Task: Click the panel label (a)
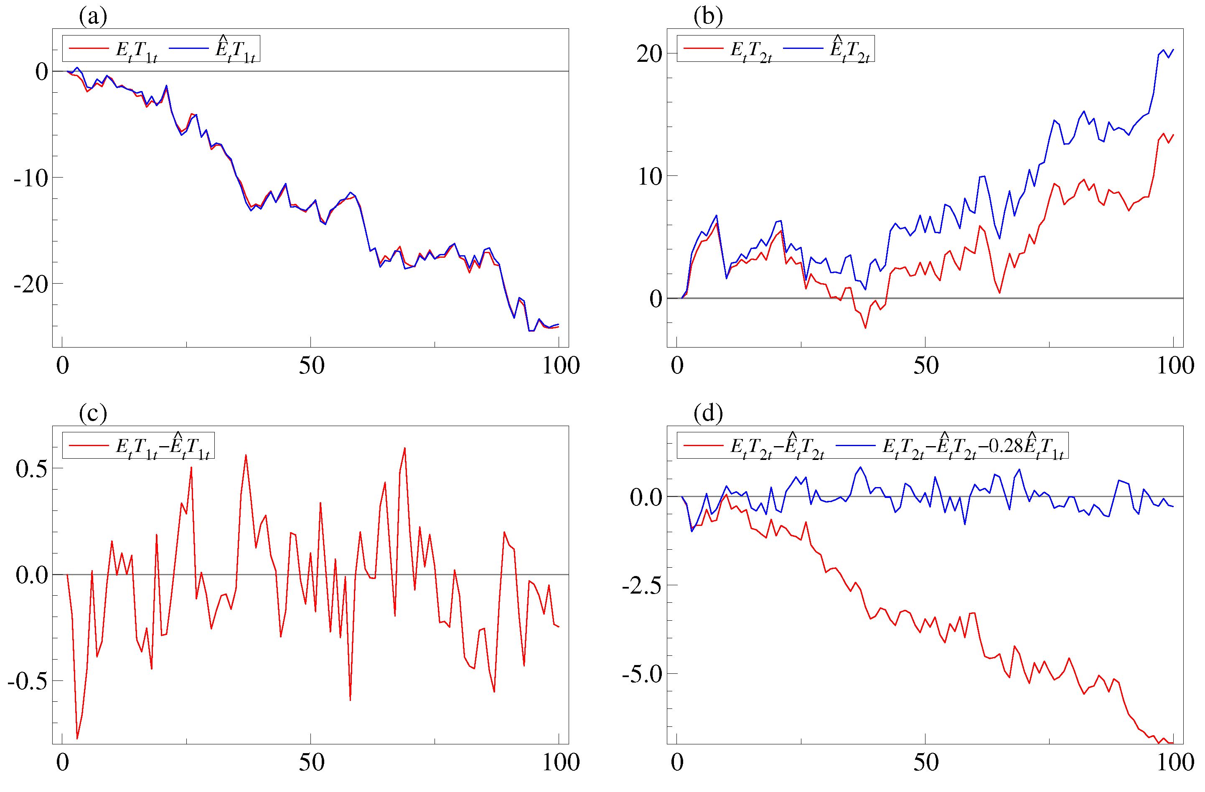click(x=93, y=16)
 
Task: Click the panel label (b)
click(x=708, y=16)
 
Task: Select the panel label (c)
click(x=93, y=413)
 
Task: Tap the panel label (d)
click(x=708, y=413)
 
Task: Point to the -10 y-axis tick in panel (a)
click(x=31, y=178)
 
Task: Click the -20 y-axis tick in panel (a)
click(x=31, y=284)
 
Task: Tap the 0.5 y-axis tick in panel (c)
click(x=31, y=468)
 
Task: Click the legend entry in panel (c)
click(x=139, y=446)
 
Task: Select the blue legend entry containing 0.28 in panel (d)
click(x=951, y=446)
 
